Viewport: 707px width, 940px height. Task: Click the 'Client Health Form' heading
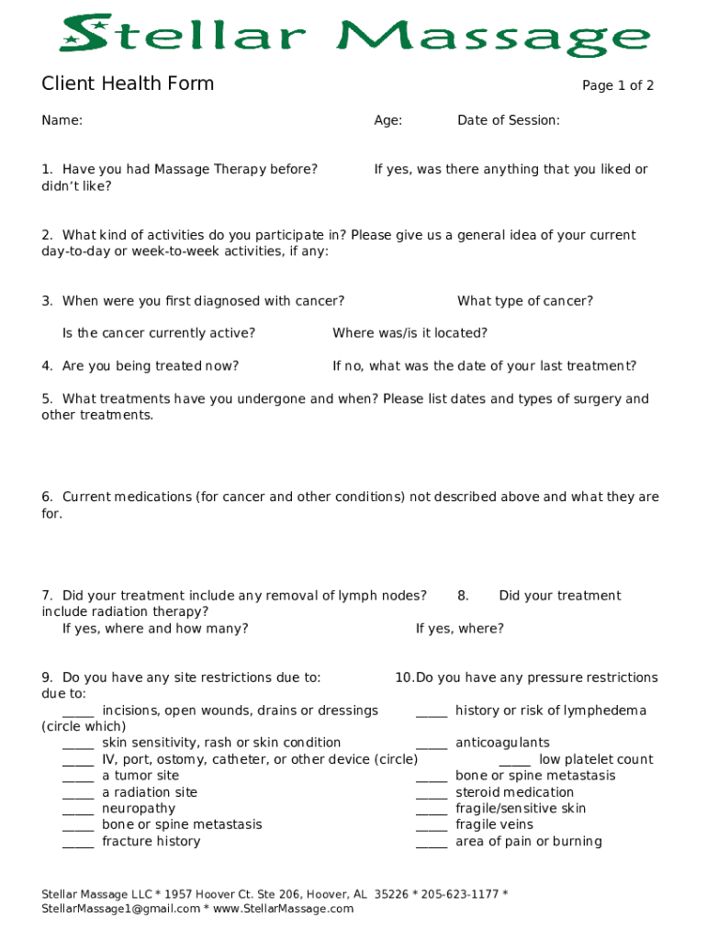point(128,84)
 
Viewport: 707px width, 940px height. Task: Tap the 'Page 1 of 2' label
point(618,86)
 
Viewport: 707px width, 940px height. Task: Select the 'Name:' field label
point(62,120)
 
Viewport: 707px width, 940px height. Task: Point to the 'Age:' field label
point(387,120)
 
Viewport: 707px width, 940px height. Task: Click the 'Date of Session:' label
point(508,120)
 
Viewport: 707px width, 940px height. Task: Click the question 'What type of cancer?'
point(524,301)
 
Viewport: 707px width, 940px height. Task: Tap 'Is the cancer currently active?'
point(159,333)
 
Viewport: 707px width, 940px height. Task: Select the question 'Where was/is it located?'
point(410,333)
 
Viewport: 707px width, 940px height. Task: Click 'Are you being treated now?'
point(151,366)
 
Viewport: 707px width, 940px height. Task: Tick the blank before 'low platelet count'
point(514,761)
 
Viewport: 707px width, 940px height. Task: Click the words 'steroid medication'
point(514,792)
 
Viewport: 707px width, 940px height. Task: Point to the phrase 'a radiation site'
point(150,792)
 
